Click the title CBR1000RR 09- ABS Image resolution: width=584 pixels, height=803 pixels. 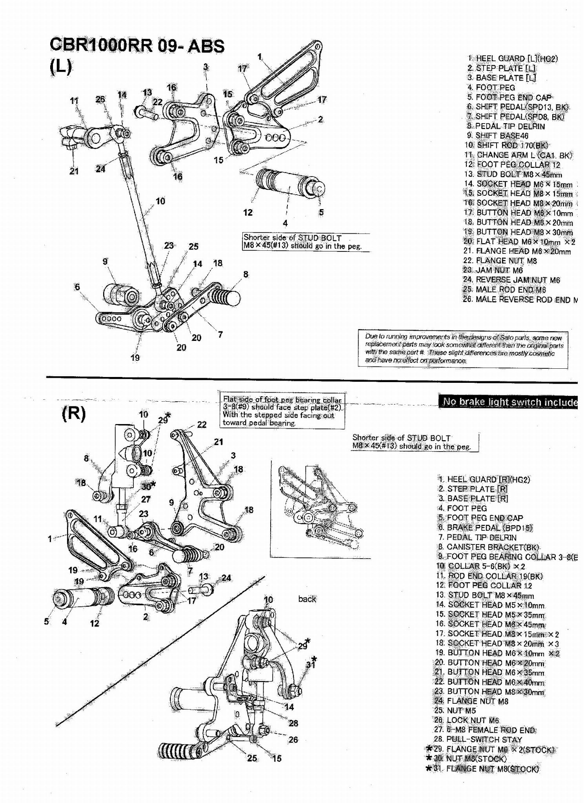137,46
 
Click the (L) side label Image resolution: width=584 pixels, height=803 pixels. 61,67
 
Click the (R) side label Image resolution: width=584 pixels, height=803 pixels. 73,414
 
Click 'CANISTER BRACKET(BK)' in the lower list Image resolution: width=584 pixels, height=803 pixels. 488,547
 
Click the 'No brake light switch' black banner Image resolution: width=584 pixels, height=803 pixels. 508,402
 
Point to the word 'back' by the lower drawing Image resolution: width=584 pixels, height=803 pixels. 307,599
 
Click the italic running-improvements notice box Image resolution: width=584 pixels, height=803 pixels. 463,349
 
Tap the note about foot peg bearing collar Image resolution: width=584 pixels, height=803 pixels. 282,411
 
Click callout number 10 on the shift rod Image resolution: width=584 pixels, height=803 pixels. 160,201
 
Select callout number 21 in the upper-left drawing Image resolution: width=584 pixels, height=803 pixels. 74,171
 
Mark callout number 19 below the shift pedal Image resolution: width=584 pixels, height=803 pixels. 135,358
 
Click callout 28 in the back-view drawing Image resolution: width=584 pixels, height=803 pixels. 293,723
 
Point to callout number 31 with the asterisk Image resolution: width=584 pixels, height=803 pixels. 311,665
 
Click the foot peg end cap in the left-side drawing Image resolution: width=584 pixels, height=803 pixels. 318,189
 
